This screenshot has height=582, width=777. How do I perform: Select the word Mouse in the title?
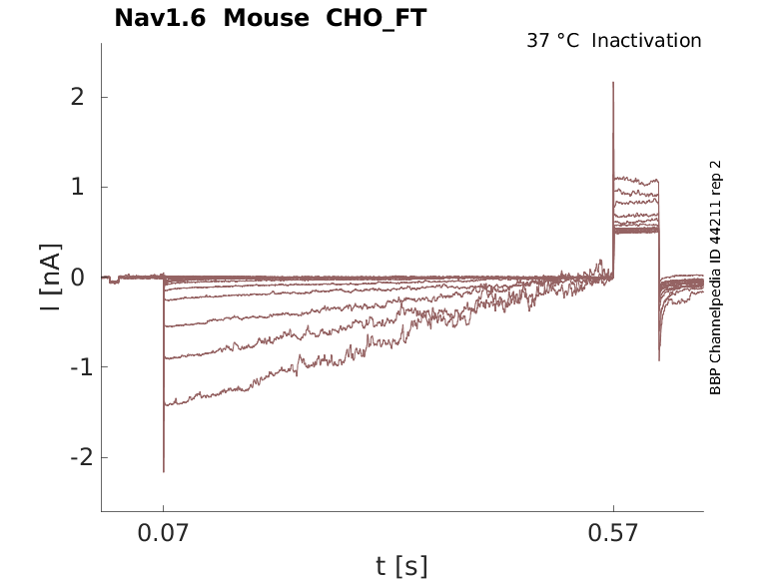[267, 18]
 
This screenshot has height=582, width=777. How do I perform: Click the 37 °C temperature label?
[552, 41]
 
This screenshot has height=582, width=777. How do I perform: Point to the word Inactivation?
[647, 41]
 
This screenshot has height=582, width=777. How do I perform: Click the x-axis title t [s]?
[401, 567]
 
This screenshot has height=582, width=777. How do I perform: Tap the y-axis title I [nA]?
[48, 278]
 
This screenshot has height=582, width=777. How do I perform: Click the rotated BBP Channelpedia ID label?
[715, 278]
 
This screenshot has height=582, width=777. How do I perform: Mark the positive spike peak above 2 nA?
[613, 83]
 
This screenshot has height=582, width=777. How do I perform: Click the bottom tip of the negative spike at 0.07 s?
[164, 471]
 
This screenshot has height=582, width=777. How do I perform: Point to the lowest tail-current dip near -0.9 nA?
[659, 359]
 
